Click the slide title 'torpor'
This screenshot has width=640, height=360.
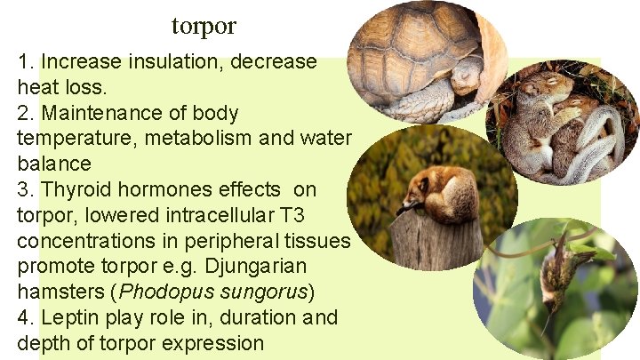pyautogui.click(x=204, y=27)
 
